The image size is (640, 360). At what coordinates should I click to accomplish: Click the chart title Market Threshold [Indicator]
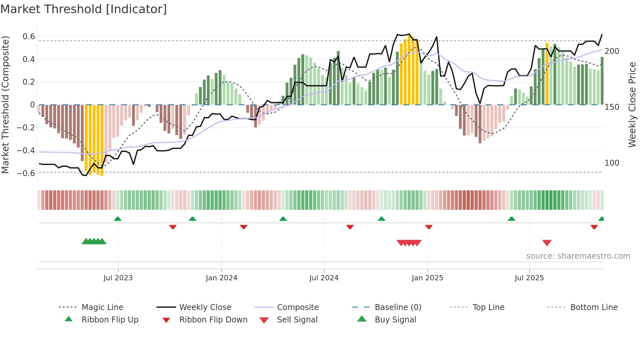pyautogui.click(x=84, y=9)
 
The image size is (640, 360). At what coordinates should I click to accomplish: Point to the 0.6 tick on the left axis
pyautogui.click(x=29, y=36)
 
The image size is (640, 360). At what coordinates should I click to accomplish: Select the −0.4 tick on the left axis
pyautogui.click(x=26, y=150)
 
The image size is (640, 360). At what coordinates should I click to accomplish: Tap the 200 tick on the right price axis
pyautogui.click(x=612, y=51)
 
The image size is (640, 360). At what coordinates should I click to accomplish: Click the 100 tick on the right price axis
pyautogui.click(x=612, y=163)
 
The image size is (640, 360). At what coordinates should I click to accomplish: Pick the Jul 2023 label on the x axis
pyautogui.click(x=118, y=278)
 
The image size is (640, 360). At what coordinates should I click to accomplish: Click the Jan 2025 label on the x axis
pyautogui.click(x=427, y=278)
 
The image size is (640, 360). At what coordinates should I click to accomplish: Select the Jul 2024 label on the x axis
pyautogui.click(x=324, y=278)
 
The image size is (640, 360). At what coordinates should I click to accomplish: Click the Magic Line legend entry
pyautogui.click(x=102, y=307)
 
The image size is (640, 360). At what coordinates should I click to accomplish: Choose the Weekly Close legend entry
pyautogui.click(x=205, y=307)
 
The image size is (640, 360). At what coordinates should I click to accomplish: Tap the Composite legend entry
pyautogui.click(x=297, y=307)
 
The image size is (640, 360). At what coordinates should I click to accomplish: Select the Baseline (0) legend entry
pyautogui.click(x=398, y=307)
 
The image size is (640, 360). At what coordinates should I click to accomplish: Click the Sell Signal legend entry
pyautogui.click(x=297, y=320)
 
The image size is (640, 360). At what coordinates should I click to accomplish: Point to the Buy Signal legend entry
pyautogui.click(x=395, y=320)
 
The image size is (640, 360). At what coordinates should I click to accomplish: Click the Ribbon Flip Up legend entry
pyautogui.click(x=110, y=320)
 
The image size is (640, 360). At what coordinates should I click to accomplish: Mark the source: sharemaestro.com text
pyautogui.click(x=578, y=256)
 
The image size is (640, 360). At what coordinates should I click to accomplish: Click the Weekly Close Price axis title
pyautogui.click(x=632, y=105)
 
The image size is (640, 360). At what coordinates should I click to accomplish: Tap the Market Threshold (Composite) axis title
pyautogui.click(x=5, y=105)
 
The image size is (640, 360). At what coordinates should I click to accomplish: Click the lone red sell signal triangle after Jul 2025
pyautogui.click(x=547, y=243)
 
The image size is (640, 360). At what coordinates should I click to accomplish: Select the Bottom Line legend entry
pyautogui.click(x=594, y=307)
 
